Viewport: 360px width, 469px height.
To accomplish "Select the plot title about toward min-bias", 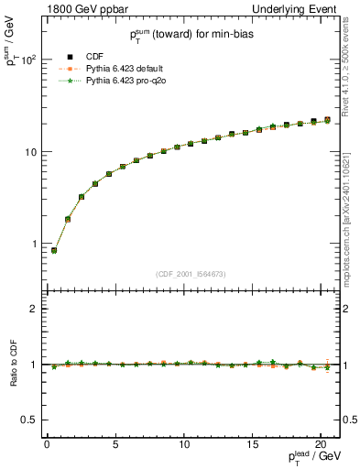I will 192,35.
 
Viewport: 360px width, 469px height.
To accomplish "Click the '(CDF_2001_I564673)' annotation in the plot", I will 192,273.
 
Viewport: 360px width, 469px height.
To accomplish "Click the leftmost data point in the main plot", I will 54,250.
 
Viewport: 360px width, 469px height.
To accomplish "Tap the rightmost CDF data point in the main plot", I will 327,119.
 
